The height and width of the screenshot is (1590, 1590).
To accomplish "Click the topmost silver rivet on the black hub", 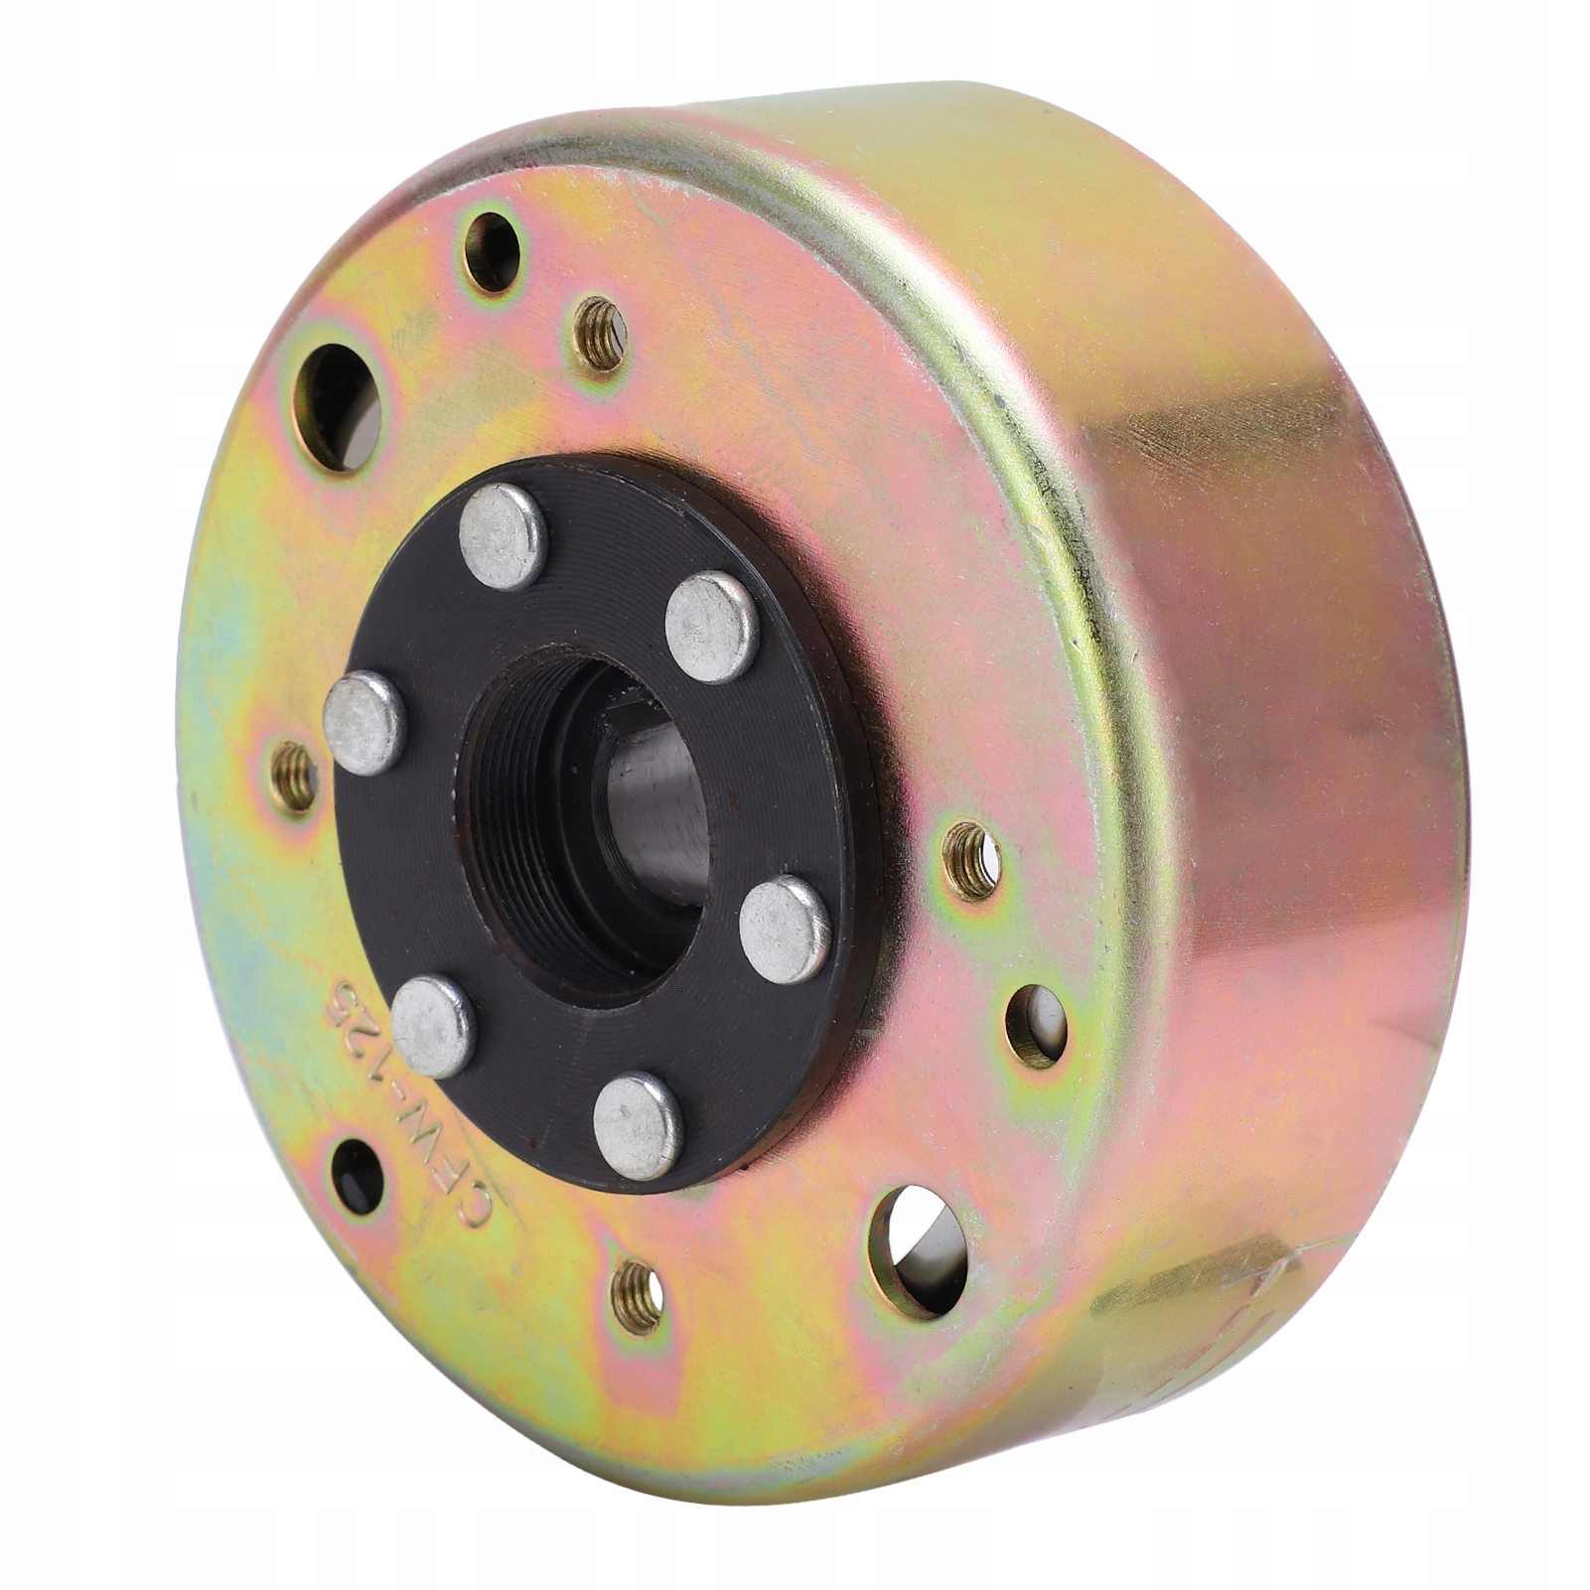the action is [504, 536].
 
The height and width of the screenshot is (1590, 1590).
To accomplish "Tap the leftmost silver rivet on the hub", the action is [364, 722].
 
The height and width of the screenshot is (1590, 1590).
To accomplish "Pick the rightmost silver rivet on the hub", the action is [785, 929].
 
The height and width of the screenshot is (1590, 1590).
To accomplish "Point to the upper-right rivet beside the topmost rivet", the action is [712, 627].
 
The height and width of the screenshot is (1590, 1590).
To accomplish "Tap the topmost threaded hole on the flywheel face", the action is [602, 334].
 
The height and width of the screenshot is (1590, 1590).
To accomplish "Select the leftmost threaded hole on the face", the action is [293, 777].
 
